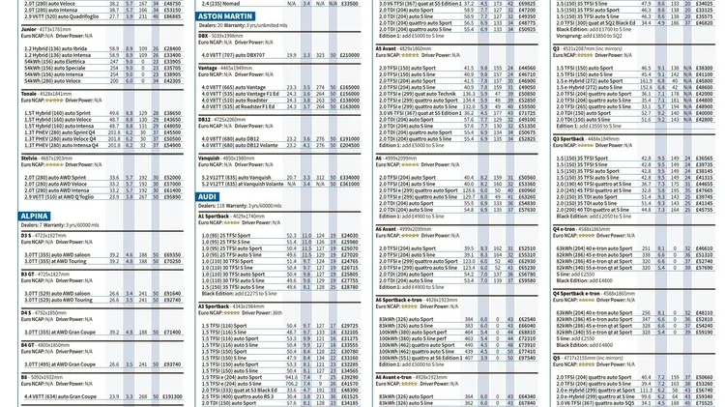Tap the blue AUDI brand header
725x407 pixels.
click(x=208, y=196)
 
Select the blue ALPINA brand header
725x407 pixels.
click(x=35, y=216)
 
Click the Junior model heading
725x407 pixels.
click(x=29, y=30)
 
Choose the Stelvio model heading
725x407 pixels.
click(x=30, y=158)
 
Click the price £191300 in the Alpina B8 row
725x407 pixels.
click(x=171, y=396)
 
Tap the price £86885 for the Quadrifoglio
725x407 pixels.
click(x=171, y=16)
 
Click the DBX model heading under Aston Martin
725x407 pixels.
click(x=204, y=36)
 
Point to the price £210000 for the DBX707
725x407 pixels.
click(x=349, y=55)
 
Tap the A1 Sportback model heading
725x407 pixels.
click(x=218, y=216)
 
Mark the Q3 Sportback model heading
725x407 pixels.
click(x=578, y=138)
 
